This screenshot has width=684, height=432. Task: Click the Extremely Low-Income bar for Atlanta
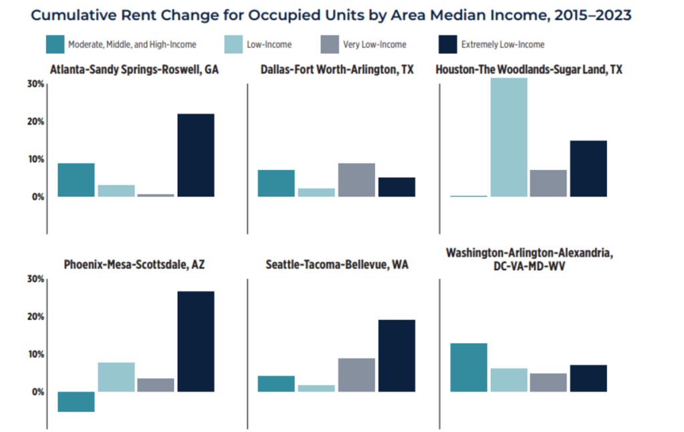click(196, 155)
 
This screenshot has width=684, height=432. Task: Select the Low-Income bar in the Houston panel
click(508, 137)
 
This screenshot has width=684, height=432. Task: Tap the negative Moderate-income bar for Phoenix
click(76, 401)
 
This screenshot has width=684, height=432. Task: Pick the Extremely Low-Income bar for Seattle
click(396, 355)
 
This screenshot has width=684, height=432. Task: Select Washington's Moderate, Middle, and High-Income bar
click(468, 367)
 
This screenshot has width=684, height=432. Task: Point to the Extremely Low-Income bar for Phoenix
click(196, 341)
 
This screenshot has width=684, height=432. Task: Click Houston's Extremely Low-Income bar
click(588, 169)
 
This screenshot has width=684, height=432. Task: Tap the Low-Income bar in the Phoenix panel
click(116, 376)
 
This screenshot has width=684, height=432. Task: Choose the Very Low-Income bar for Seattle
click(356, 374)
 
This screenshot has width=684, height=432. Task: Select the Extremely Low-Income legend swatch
click(447, 44)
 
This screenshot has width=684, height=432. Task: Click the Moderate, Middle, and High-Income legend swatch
click(55, 44)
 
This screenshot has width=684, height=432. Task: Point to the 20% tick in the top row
click(35, 122)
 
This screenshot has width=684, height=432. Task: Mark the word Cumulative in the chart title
click(72, 14)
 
